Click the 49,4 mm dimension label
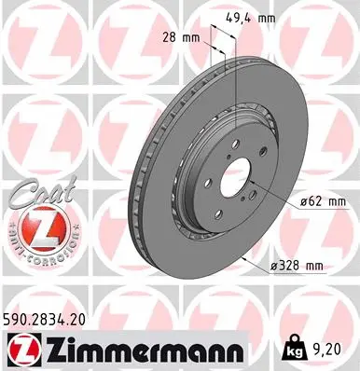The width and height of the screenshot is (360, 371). coord(249,16)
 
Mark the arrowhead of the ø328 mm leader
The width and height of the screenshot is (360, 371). coord(244,251)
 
